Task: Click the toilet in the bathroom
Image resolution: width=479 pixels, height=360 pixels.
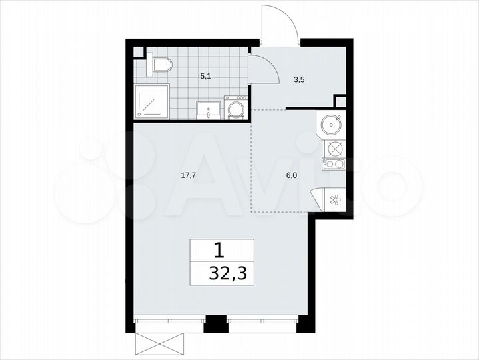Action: [x=161, y=65]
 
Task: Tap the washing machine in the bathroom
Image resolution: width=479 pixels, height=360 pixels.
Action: [x=235, y=108]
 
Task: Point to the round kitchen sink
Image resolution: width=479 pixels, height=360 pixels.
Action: [x=331, y=124]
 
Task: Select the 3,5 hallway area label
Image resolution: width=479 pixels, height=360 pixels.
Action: [x=300, y=79]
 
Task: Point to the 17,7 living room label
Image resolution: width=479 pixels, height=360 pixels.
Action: [x=188, y=176]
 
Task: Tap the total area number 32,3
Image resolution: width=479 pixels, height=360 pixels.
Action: [x=224, y=273]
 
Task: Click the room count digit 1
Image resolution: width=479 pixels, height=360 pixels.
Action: [x=218, y=250]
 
